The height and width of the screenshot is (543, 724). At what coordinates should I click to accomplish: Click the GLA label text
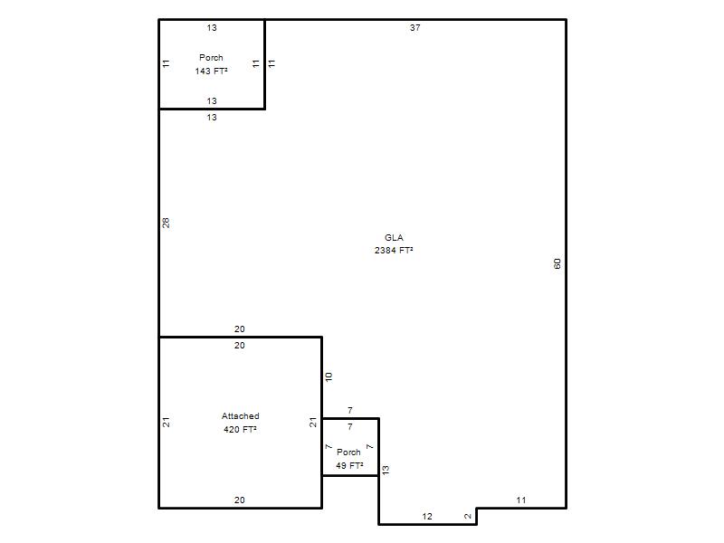click(394, 238)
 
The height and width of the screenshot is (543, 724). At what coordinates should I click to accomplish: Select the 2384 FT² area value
click(394, 251)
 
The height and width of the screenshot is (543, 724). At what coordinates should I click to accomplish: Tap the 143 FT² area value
click(211, 71)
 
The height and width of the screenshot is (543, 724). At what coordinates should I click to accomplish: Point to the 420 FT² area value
click(240, 429)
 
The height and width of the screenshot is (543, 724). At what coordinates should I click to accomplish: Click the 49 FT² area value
click(349, 465)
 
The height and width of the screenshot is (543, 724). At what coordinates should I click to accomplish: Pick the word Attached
click(240, 416)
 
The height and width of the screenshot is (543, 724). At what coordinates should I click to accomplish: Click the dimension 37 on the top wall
click(415, 28)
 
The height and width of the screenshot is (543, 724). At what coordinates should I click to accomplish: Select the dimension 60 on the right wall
click(557, 263)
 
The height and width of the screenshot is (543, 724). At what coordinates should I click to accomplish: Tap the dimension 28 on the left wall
click(167, 223)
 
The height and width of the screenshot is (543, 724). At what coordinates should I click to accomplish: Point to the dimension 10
click(329, 376)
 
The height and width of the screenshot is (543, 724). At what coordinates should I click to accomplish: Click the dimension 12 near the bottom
click(427, 516)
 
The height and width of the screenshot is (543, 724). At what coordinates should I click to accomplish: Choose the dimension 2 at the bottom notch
click(467, 516)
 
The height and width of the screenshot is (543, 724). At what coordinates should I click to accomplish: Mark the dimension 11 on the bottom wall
click(521, 500)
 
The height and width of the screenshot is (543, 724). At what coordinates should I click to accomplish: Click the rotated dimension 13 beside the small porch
click(386, 470)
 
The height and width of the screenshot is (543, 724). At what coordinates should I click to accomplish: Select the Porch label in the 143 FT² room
click(211, 58)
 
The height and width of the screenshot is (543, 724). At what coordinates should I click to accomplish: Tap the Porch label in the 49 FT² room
click(348, 452)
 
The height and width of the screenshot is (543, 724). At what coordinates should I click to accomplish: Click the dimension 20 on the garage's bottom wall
click(239, 500)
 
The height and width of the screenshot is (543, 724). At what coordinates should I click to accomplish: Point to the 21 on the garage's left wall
click(167, 422)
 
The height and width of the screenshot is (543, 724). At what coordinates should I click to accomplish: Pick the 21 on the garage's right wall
click(313, 422)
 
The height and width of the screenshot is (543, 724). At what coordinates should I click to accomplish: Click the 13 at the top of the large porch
click(212, 28)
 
